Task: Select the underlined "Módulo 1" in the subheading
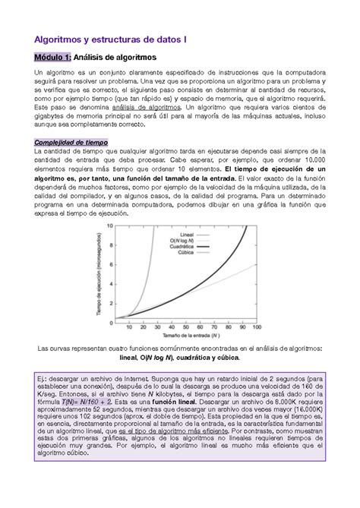48,57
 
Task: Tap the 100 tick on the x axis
258,328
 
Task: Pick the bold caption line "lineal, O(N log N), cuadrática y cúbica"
179,357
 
